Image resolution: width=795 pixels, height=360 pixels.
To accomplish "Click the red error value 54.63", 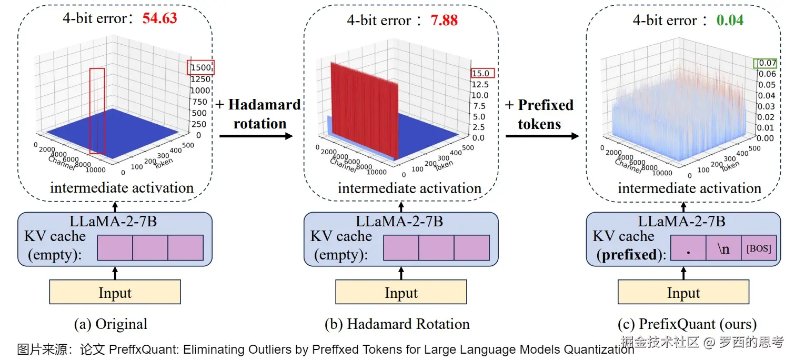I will click(159, 18).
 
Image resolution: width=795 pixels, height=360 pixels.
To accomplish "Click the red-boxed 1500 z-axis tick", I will click(200, 67).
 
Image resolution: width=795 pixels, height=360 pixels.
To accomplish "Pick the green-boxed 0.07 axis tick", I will click(765, 63).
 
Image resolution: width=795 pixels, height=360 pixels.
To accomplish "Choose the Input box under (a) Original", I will click(115, 292).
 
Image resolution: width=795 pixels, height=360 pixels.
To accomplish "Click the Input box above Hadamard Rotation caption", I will click(401, 292).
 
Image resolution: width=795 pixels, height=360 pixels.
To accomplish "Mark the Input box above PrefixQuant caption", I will click(683, 292).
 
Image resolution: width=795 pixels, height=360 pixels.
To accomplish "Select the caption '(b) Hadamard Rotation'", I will click(397, 324).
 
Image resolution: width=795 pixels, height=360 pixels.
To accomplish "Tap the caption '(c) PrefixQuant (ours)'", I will click(687, 324).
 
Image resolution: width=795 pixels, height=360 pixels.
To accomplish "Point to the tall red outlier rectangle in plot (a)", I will click(97, 111).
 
